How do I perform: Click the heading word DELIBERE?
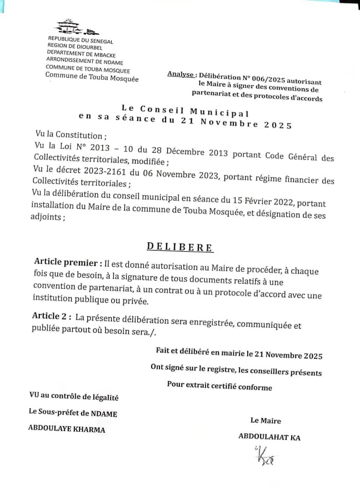(179, 247)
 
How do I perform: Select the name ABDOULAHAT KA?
(269, 437)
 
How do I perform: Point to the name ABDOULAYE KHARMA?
(67, 428)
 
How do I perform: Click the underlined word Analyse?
(181, 74)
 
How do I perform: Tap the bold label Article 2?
(51, 316)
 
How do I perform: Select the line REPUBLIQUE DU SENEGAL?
(81, 41)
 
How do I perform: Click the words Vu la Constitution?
(69, 135)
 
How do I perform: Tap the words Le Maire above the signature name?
(266, 421)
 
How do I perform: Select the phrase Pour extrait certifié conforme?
(219, 386)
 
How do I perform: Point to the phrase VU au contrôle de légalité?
(74, 397)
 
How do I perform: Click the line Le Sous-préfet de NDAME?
(73, 413)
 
